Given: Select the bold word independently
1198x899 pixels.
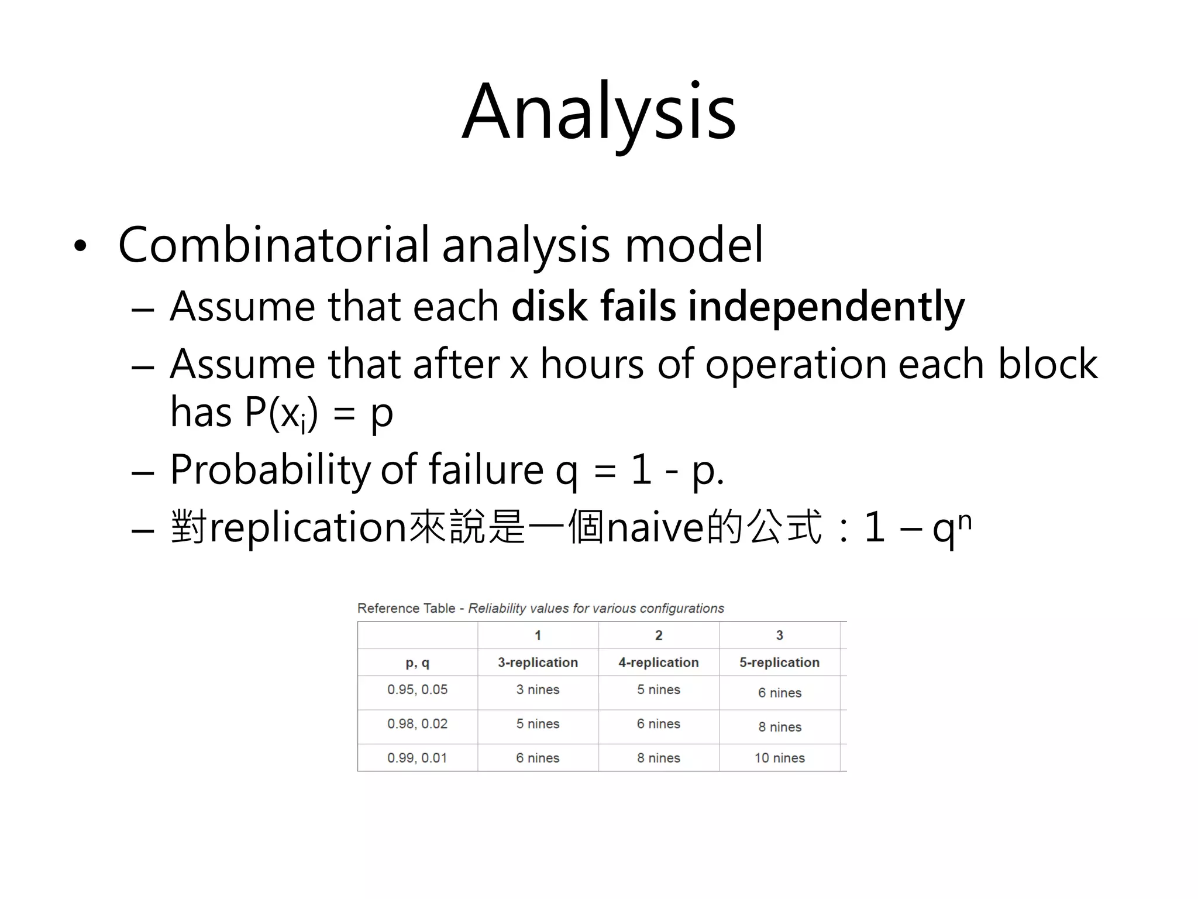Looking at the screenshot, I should point(825,307).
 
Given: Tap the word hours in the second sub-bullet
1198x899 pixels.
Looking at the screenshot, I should point(592,364).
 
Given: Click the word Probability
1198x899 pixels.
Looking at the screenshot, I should point(269,469).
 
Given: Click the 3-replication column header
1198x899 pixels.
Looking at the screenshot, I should point(538,662).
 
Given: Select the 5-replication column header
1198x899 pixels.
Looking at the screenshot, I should point(779,662).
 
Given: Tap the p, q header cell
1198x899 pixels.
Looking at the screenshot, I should point(417,662).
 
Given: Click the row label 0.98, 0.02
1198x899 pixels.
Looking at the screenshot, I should point(417,723).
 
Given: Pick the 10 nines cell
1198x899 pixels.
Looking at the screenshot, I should point(779,758).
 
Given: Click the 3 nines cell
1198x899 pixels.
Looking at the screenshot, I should point(538,689).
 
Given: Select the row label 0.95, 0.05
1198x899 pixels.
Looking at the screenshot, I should point(417,689).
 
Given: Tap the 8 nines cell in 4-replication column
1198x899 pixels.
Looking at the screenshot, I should point(658,758).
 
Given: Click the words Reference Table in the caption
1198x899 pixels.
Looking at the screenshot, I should point(406,608).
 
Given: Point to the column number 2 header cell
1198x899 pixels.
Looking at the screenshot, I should point(658,635).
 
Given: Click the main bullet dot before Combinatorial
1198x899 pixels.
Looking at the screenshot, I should point(80,246).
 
